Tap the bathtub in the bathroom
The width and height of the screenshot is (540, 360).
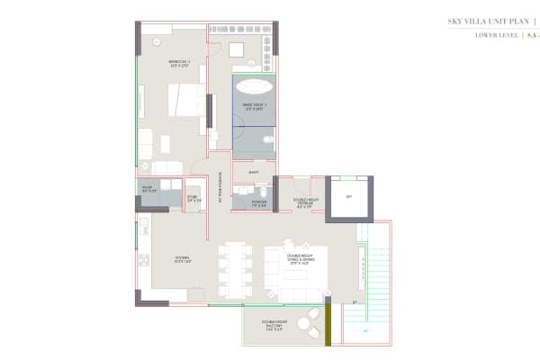(x=254, y=87)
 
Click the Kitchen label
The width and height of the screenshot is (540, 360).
(x=183, y=260)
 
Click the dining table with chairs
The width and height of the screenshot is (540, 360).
(x=235, y=268)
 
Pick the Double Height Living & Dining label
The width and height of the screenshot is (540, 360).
(x=300, y=260)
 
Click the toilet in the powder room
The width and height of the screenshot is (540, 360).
(x=262, y=192)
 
